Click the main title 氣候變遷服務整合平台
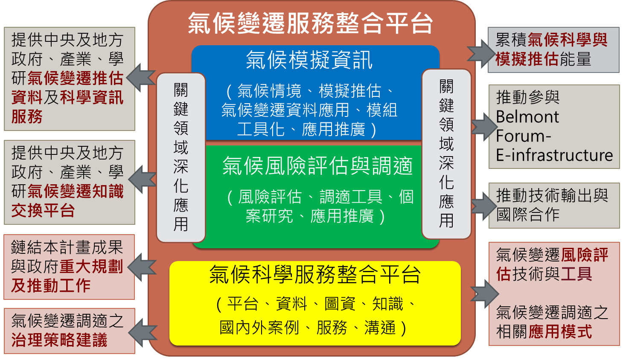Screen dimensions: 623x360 [x=310, y=23]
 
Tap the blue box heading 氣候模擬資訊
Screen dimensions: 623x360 [x=309, y=60]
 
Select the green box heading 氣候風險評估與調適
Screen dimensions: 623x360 [x=317, y=165]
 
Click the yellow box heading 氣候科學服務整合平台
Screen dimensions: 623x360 [x=314, y=274]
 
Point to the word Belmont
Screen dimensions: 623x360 [x=527, y=116]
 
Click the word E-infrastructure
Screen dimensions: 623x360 [x=554, y=155]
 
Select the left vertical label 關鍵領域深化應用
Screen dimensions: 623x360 [x=181, y=157]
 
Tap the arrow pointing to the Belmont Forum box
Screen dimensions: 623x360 [x=484, y=127]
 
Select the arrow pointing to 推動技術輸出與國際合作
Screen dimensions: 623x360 [x=484, y=206]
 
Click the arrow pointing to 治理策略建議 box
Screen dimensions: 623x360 [x=143, y=333]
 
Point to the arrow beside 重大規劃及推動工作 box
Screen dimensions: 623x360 [x=142, y=267]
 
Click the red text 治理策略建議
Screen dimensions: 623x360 [x=59, y=340]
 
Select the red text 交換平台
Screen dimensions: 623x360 [x=43, y=210]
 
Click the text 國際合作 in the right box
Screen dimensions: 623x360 [x=528, y=214]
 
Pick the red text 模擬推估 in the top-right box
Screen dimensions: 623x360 [x=527, y=59]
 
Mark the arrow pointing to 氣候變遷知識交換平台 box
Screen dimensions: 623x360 [x=142, y=179]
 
